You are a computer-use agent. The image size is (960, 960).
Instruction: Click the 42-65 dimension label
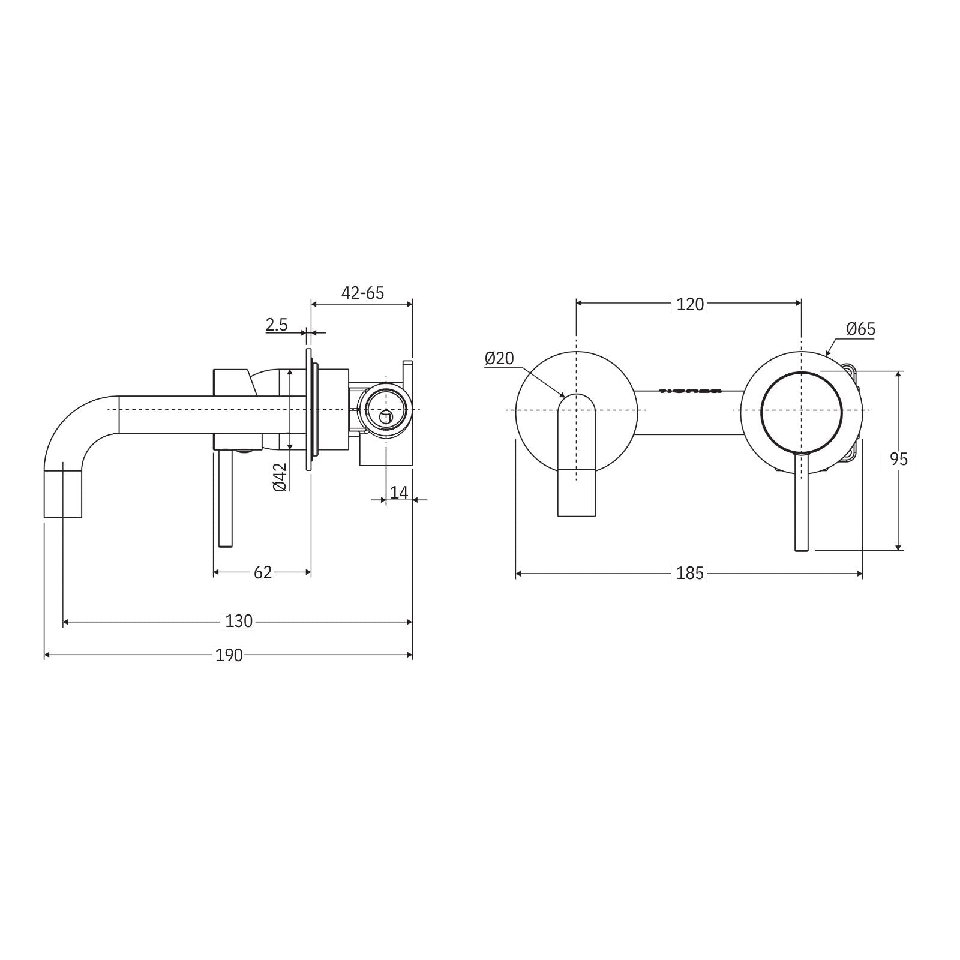point(362,293)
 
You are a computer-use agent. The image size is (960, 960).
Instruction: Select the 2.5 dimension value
point(277,325)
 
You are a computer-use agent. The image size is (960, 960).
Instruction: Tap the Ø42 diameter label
point(280,478)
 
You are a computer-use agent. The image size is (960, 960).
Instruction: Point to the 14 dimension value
point(398,493)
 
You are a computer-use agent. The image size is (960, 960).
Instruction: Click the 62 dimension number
point(263,572)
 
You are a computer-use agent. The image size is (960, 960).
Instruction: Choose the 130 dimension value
point(239,621)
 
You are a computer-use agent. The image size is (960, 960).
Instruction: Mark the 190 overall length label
point(229,655)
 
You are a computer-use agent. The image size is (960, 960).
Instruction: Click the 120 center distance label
point(689,304)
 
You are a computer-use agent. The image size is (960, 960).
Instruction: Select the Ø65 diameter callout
point(861,329)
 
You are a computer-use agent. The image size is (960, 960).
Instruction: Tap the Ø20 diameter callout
point(499,358)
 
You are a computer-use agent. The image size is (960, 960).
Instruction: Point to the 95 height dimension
point(898,459)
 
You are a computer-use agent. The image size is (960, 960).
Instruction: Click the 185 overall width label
point(689,574)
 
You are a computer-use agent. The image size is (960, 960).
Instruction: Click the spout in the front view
point(577,456)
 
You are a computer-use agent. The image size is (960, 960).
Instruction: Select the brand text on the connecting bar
point(690,391)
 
